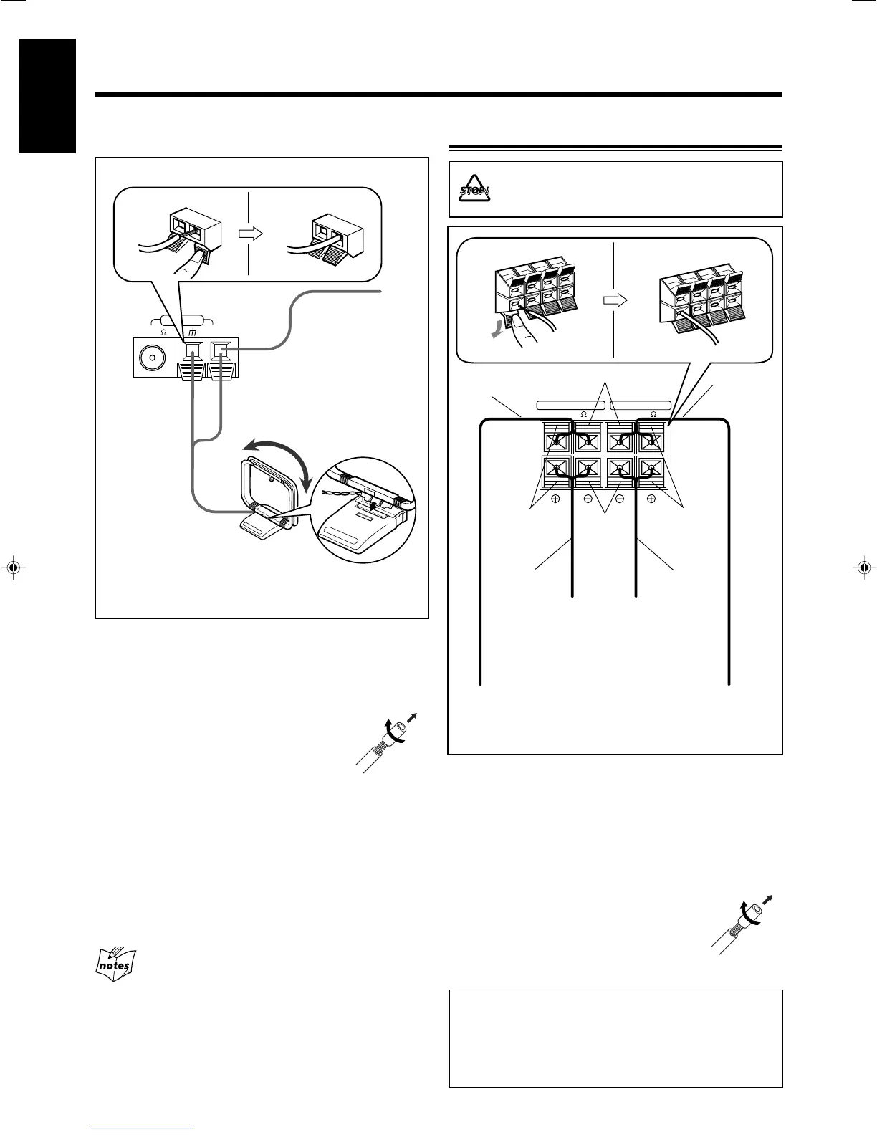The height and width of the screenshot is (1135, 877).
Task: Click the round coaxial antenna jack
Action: coord(153,357)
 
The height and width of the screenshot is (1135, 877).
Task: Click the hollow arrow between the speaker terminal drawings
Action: coord(615,300)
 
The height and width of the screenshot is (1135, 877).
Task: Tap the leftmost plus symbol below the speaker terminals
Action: coord(555,499)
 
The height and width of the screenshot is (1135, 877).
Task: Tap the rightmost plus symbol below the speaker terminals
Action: coord(651,499)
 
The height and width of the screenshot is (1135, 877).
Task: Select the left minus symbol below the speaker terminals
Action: coord(588,499)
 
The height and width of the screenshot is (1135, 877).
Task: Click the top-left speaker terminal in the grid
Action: coord(555,439)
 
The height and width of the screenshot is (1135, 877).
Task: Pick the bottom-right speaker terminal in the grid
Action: coord(651,470)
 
